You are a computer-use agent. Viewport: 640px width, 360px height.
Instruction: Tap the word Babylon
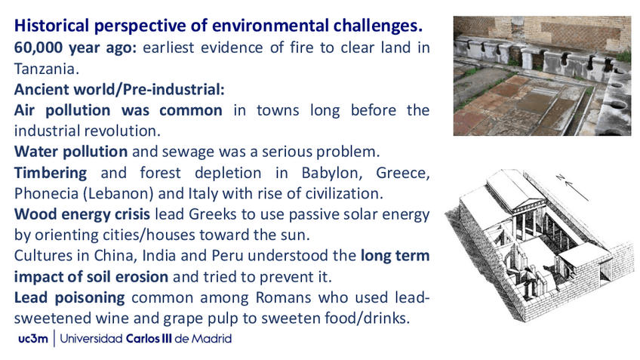tap(331, 173)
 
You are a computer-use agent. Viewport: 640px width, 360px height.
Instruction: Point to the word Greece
tap(402, 173)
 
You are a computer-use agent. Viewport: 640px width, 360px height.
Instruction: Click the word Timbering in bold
tap(51, 173)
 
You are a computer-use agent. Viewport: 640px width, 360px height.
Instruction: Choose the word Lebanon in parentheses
tap(119, 193)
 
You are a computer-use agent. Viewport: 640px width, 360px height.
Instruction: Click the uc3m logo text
tap(33, 339)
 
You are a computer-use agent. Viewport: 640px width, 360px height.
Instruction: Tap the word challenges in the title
tap(376, 26)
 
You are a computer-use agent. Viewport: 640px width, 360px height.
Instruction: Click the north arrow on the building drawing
tap(572, 188)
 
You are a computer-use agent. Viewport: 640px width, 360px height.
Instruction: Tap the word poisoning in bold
tap(90, 297)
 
